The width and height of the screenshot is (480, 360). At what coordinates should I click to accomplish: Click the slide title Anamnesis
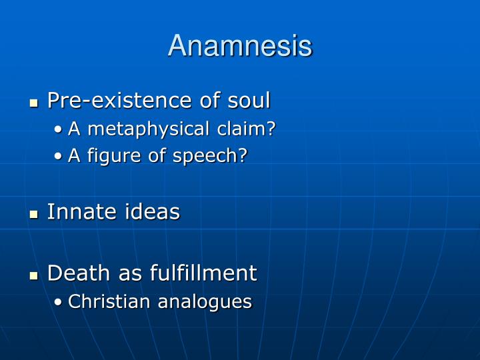(240, 46)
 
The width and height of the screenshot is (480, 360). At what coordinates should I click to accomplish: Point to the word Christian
(110, 301)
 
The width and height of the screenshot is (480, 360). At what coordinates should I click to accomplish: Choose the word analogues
(205, 302)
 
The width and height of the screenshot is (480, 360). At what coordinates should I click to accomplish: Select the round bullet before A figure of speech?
(60, 157)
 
